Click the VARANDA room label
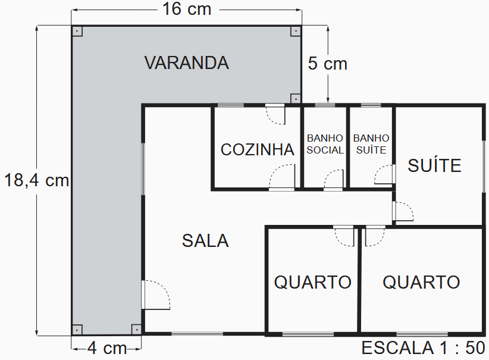point(186,62)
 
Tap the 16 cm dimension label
point(187,9)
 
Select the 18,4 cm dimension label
point(36,180)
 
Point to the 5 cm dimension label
point(327,64)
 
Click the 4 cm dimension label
point(107,348)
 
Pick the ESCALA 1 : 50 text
point(423,348)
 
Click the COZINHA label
point(257,149)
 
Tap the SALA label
point(205,240)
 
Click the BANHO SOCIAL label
point(325,144)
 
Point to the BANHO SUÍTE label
point(371,144)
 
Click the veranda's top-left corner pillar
point(77,32)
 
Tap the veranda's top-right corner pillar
point(296,32)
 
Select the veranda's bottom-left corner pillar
point(77,330)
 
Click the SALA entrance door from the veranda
point(155,295)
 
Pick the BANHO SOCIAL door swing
point(334,180)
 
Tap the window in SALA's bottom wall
point(198,334)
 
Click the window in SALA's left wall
point(143,169)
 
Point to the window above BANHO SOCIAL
point(325,105)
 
